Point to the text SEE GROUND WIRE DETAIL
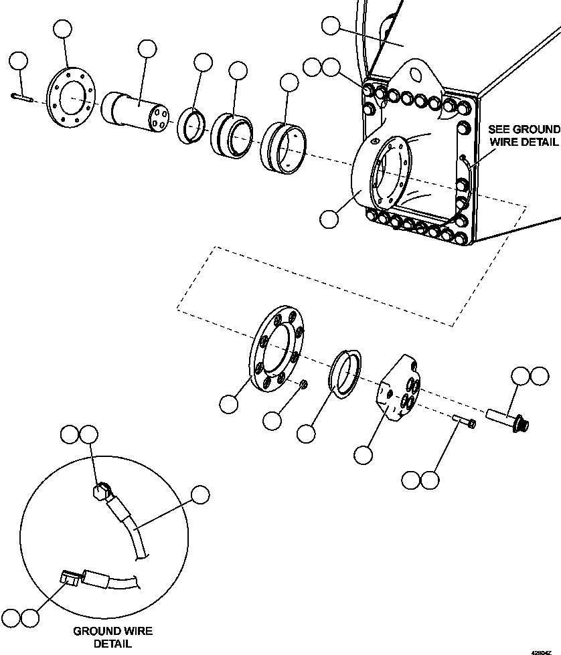(524, 135)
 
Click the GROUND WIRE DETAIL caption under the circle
(112, 637)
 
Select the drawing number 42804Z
(543, 650)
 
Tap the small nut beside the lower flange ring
(303, 385)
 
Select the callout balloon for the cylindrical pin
(147, 49)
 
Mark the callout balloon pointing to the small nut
(272, 421)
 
